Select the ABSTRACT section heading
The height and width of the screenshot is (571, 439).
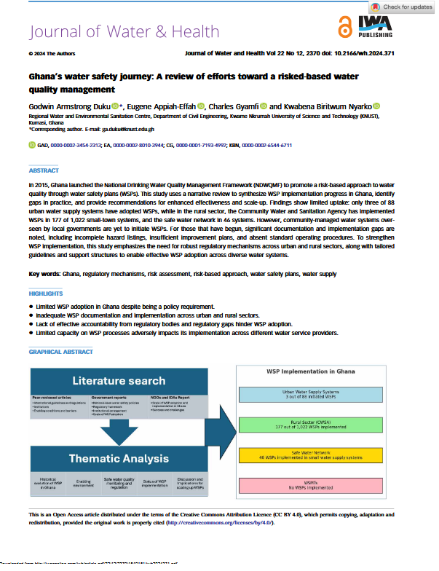(44, 171)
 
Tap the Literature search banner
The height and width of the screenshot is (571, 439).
(119, 380)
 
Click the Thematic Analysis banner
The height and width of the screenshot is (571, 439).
(120, 458)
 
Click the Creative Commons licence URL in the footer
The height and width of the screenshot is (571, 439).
(226, 523)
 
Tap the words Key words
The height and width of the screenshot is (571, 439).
(44, 274)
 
